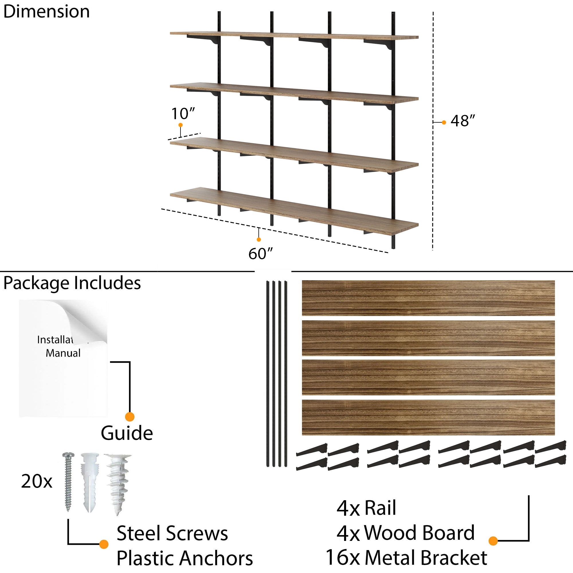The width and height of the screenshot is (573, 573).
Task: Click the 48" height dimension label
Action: (x=462, y=121)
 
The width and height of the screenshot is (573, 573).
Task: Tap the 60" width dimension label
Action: (x=260, y=254)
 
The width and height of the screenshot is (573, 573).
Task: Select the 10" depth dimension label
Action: (x=183, y=113)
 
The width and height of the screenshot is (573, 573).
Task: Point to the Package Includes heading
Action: (x=72, y=283)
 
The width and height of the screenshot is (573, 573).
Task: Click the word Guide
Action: (x=127, y=433)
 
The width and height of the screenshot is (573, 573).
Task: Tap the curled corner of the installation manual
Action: (x=89, y=322)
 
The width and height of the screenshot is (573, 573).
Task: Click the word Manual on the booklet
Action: (x=63, y=353)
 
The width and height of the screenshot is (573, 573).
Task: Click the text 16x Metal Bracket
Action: (x=406, y=558)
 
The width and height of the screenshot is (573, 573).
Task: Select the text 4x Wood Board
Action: (x=405, y=533)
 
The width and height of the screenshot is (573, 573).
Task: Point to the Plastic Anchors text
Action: (x=185, y=558)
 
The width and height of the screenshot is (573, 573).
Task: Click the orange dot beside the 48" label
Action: (x=444, y=122)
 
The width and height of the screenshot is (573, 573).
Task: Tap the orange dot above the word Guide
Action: (x=129, y=417)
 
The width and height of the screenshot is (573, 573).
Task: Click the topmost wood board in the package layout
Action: (x=428, y=298)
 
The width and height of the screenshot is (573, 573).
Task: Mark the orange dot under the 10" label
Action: (x=180, y=125)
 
